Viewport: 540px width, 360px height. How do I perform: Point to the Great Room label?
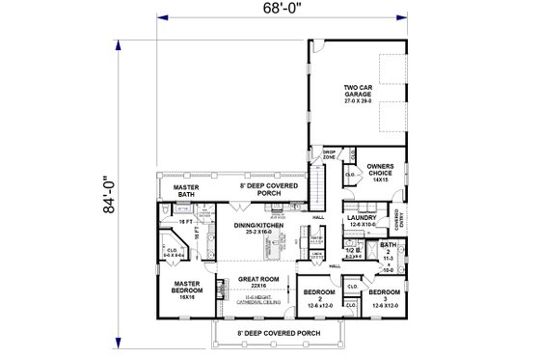pyautogui.click(x=257, y=283)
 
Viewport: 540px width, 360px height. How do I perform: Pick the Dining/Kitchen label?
pyautogui.click(x=260, y=229)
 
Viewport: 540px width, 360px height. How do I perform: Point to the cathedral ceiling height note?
pyautogui.click(x=257, y=301)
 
